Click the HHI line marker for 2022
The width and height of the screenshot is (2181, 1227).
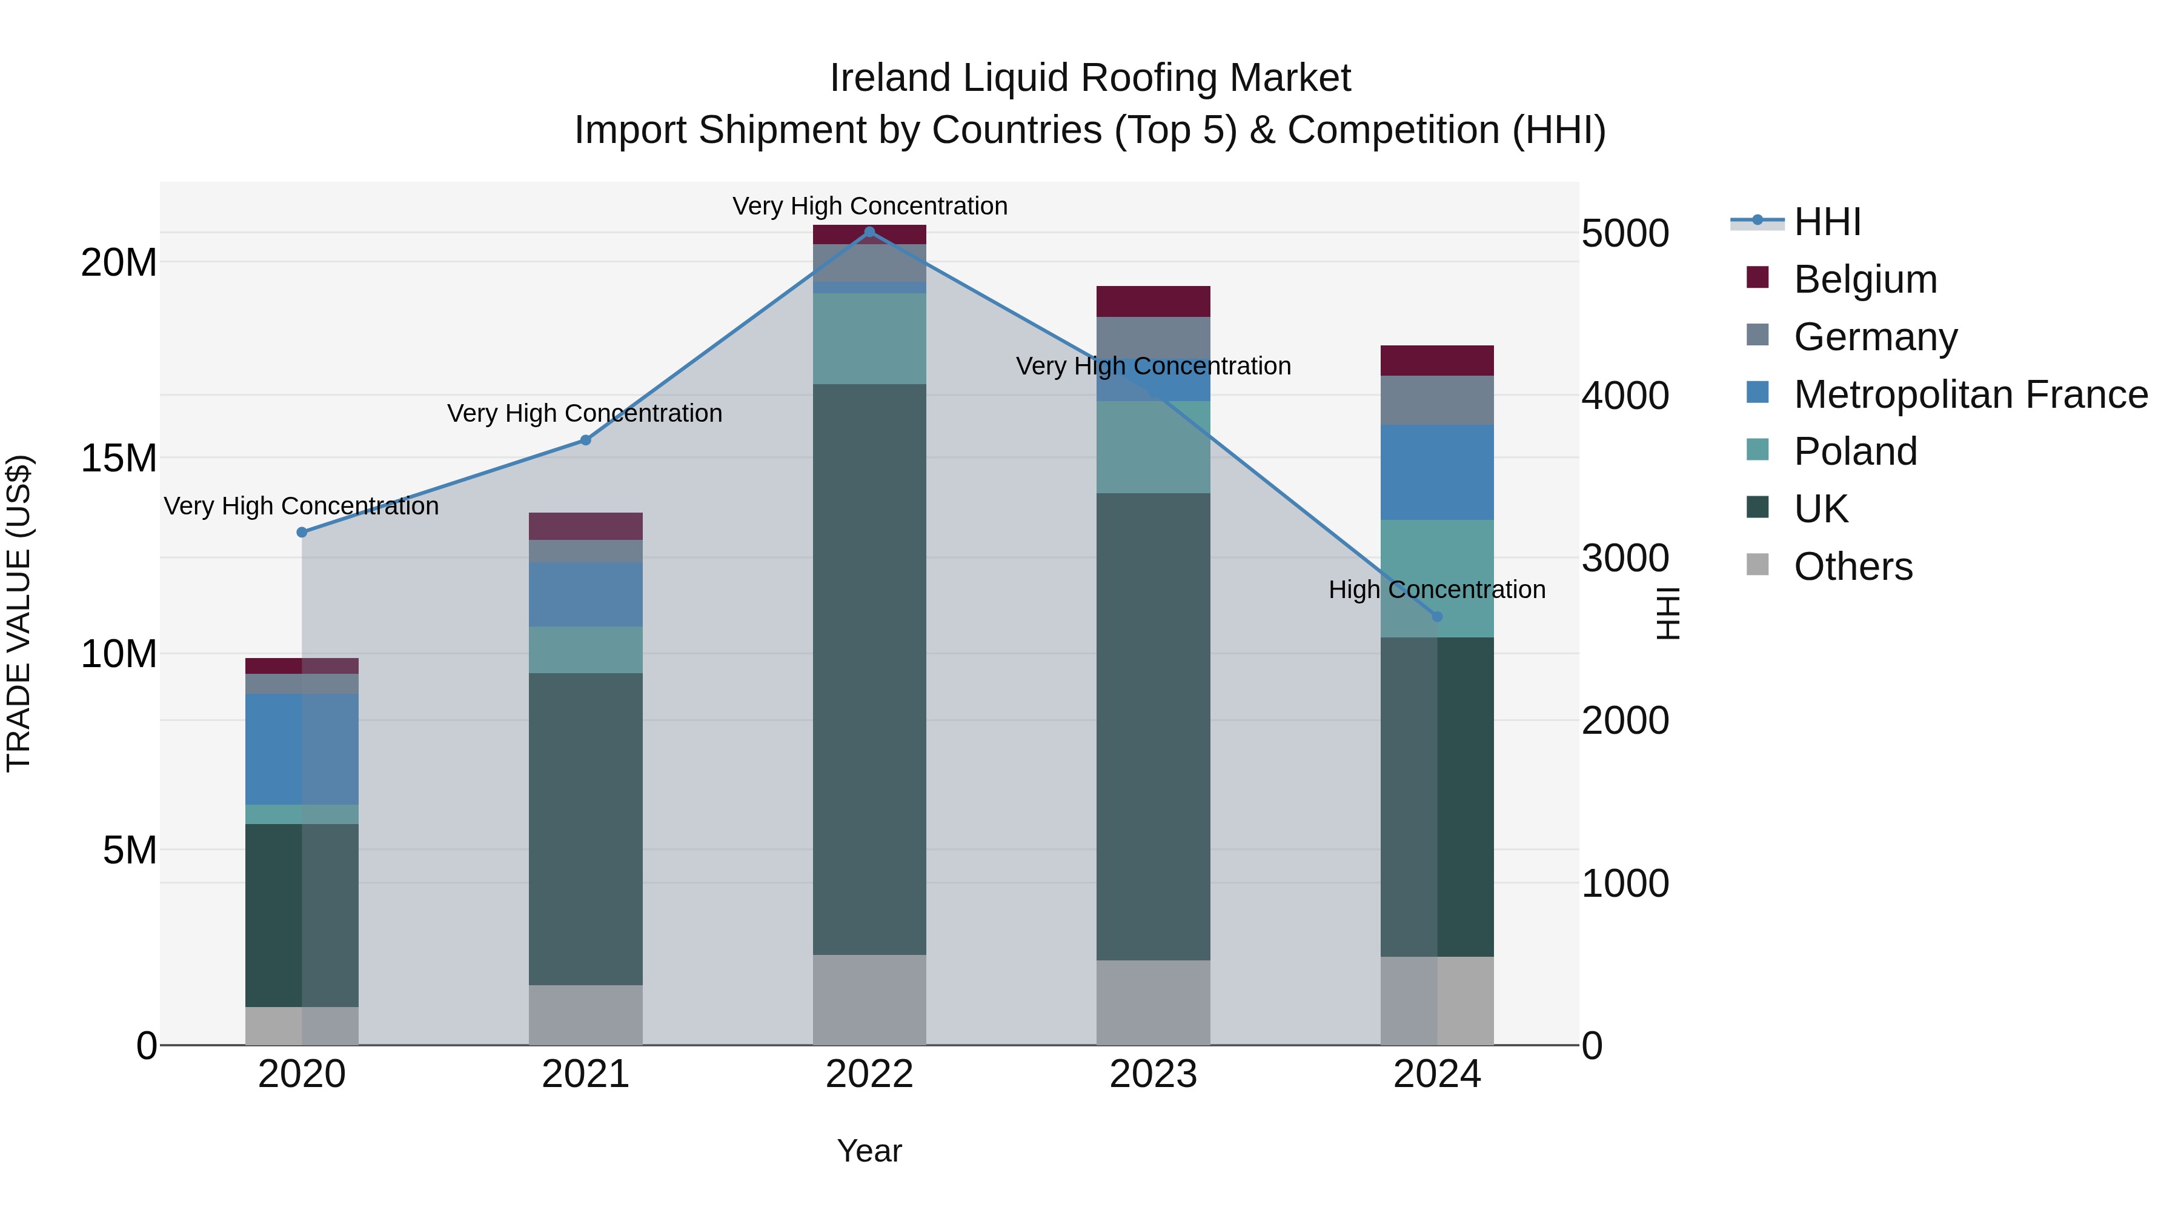869,232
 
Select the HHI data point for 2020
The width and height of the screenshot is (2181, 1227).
302,532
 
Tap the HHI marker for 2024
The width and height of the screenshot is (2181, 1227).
1437,616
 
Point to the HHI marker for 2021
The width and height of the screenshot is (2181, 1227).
585,441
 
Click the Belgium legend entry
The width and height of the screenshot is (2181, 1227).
1864,279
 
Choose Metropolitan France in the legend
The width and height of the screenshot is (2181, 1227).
1970,394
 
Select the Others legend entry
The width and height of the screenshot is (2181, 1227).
1853,567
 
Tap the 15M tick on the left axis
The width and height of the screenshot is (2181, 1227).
119,458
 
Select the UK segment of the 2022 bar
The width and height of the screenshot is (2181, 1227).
869,669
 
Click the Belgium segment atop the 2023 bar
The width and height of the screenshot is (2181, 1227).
1152,302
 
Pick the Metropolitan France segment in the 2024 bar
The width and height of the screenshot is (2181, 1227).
1437,473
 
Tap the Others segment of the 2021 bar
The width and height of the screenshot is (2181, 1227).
585,1014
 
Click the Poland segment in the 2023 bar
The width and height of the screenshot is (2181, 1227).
1152,447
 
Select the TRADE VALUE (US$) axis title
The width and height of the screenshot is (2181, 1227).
19,613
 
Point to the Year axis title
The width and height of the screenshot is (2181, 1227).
869,1151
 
